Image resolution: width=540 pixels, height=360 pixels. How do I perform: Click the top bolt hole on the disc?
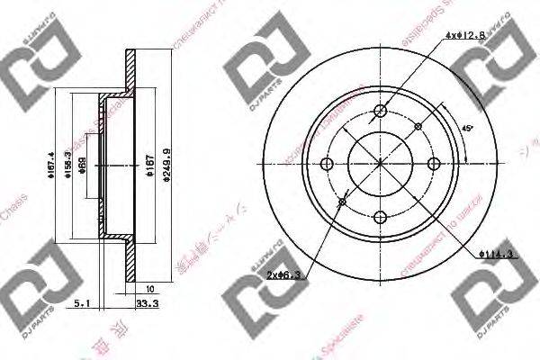pos(380,111)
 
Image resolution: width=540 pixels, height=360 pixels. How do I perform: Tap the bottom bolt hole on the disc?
pos(380,216)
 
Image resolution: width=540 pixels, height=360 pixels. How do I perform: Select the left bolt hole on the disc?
pos(328,163)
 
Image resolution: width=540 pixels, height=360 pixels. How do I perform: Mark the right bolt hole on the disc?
pos(433,163)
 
